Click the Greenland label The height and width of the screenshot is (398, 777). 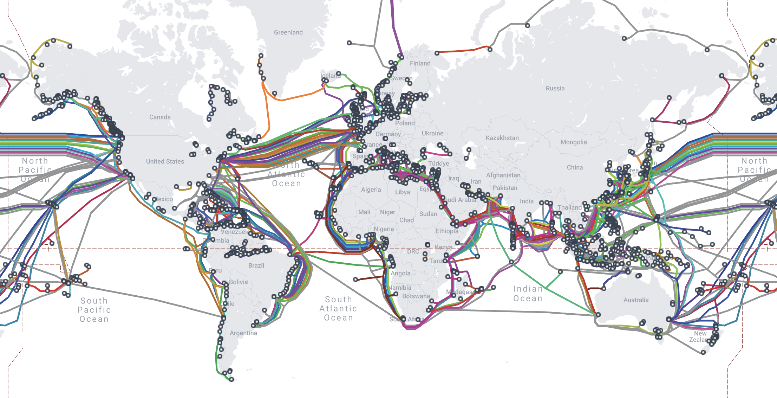288,32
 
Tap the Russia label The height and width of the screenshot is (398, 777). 555,88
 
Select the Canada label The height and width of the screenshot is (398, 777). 160,117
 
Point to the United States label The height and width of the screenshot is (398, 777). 165,161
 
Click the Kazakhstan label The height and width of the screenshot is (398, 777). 502,138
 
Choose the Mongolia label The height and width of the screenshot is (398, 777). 573,142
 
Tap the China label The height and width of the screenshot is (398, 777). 575,167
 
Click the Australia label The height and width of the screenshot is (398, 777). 636,300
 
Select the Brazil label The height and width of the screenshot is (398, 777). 256,265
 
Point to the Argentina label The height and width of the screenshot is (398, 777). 243,333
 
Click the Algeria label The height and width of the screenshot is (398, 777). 371,190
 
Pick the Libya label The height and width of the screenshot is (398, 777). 402,192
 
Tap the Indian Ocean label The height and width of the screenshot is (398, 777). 528,294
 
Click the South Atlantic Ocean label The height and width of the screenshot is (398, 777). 338,308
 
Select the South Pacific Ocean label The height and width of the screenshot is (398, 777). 94,310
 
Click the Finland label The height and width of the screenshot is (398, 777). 420,63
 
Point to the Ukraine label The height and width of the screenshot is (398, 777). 432,133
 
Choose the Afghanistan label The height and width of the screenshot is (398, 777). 503,175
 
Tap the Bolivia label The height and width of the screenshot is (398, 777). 238,282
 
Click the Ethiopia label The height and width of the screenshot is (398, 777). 446,231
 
